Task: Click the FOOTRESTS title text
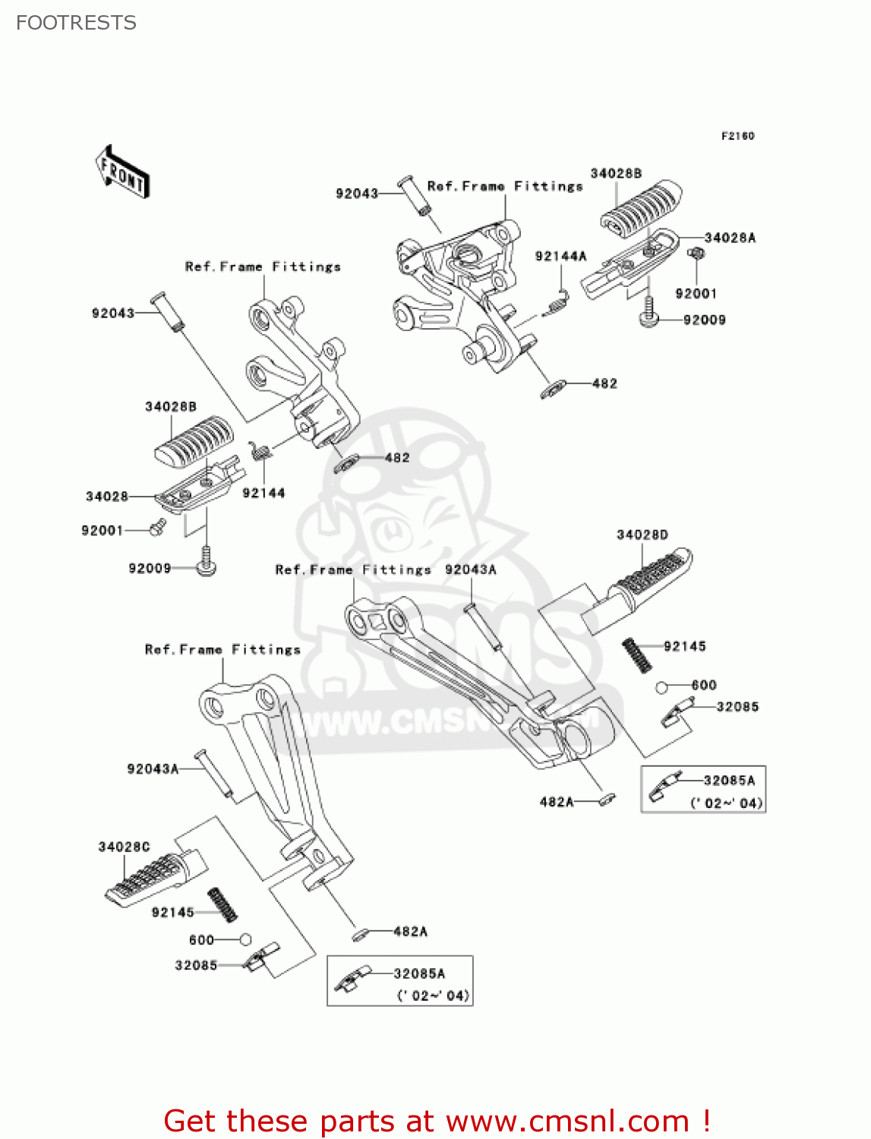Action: click(76, 23)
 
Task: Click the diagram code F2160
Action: click(737, 136)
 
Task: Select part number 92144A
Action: click(560, 257)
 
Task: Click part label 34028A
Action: click(730, 238)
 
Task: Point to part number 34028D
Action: click(642, 535)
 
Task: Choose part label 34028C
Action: click(124, 847)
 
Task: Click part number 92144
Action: click(264, 493)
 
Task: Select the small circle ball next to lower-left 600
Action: click(245, 939)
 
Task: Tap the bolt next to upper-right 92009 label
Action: click(648, 312)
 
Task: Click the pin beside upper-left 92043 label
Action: click(168, 313)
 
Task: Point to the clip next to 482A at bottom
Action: click(361, 934)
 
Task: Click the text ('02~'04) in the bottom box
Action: click(433, 995)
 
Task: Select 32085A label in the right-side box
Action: click(729, 781)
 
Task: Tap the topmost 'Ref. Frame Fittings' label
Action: click(505, 186)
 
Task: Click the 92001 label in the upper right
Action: click(696, 294)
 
